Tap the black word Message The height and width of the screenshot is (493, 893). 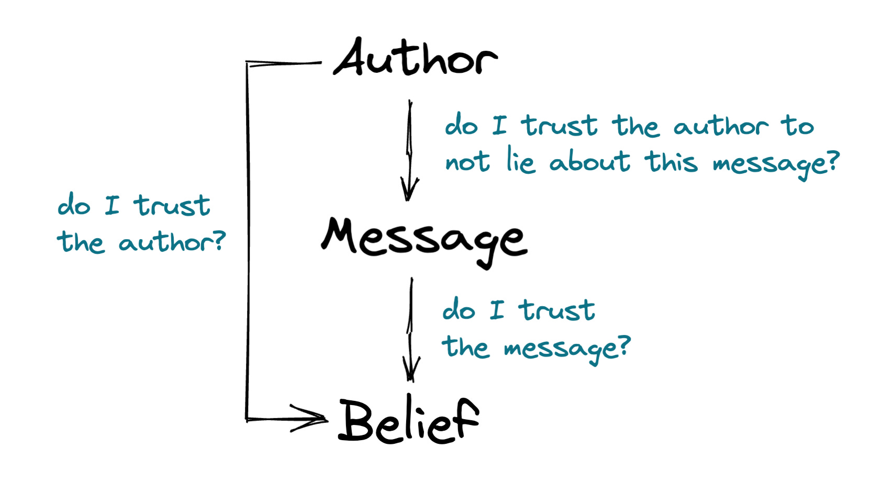[x=424, y=241]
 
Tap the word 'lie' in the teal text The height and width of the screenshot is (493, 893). [x=520, y=161]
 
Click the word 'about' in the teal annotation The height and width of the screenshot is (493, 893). [x=589, y=161]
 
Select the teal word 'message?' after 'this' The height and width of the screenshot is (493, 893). [x=775, y=163]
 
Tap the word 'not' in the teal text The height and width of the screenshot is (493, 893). [x=467, y=162]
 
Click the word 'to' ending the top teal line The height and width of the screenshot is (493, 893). [x=798, y=126]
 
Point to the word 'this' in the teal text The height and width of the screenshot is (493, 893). [x=672, y=161]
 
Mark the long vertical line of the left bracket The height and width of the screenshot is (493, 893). [x=247, y=241]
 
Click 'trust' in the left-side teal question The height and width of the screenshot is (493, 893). [x=172, y=205]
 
